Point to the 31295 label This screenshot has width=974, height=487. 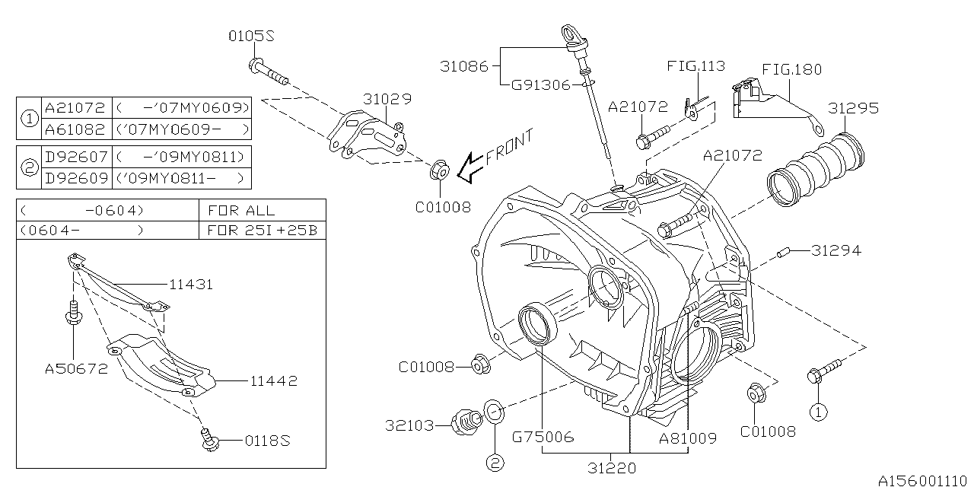coord(853,108)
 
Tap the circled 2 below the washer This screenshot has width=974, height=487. coord(493,461)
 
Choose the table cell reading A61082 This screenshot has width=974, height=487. coord(75,129)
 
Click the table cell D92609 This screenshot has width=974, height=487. coord(75,179)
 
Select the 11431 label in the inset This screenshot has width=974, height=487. coord(190,285)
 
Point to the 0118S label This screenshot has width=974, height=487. coord(266,441)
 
